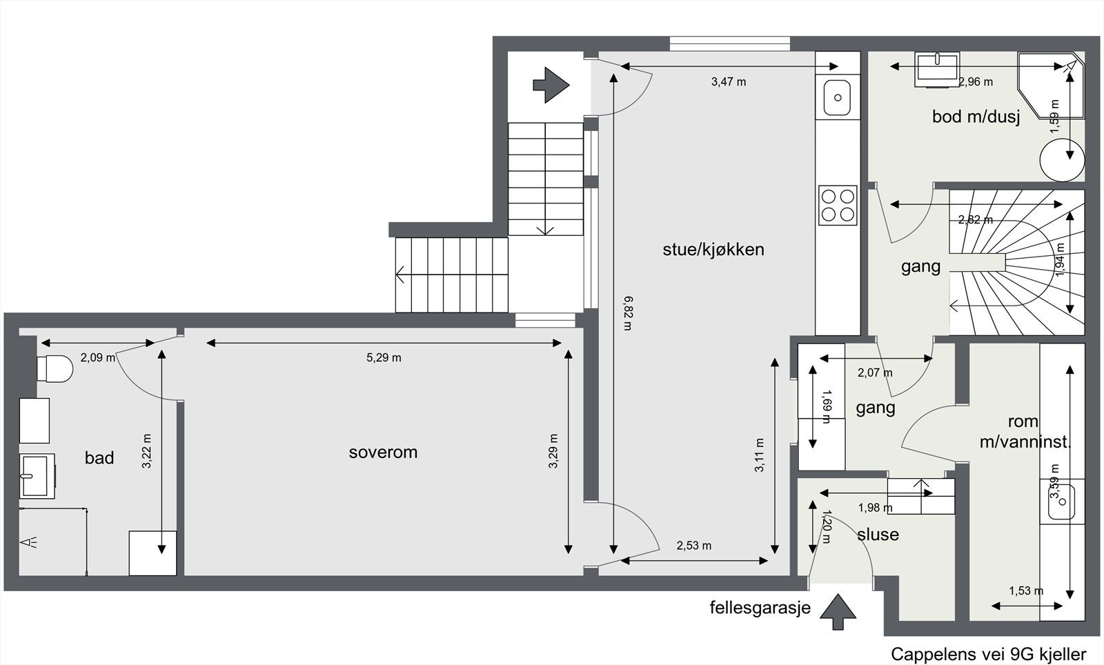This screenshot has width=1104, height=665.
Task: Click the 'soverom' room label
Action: point(383,453)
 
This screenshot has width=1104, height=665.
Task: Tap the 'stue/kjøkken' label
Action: point(713,250)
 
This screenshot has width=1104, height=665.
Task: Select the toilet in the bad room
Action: point(55,368)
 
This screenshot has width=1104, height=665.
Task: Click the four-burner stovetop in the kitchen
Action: point(838,205)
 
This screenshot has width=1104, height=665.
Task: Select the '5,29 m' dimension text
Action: point(384,357)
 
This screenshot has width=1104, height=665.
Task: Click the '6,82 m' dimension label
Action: point(628,312)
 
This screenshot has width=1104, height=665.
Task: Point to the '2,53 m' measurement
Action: point(693,546)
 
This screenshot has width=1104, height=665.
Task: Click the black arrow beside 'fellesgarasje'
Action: point(838,611)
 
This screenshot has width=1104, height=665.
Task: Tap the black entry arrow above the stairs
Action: point(551,85)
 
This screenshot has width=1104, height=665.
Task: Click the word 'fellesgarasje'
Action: point(760,608)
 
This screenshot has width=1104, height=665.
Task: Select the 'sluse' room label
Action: point(878,535)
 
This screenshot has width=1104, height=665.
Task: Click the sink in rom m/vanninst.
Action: point(1061,502)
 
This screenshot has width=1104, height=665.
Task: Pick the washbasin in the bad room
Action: point(37,475)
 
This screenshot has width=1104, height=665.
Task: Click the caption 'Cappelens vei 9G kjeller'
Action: point(988,654)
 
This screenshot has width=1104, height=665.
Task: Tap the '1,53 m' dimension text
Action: point(1026,590)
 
